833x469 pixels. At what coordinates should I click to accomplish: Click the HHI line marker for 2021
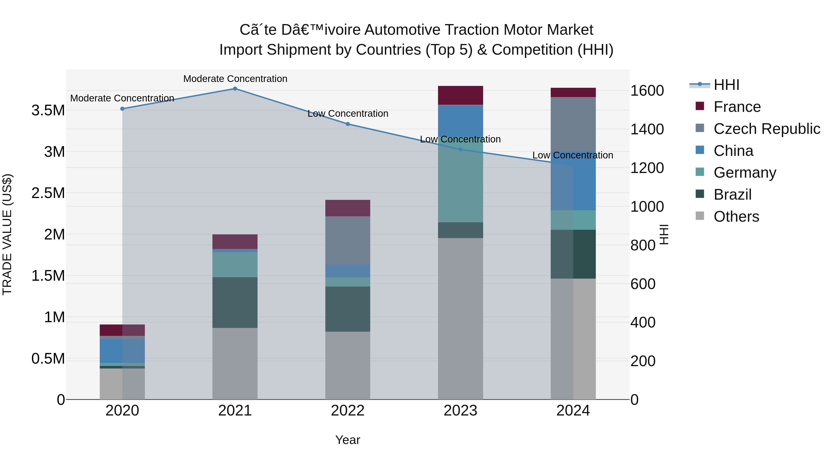pyautogui.click(x=235, y=89)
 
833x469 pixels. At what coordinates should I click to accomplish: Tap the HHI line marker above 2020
pyautogui.click(x=122, y=109)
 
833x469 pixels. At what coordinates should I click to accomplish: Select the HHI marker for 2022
pyautogui.click(x=348, y=124)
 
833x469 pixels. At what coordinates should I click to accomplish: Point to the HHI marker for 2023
pyautogui.click(x=460, y=149)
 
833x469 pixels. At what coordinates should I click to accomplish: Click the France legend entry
pyautogui.click(x=737, y=107)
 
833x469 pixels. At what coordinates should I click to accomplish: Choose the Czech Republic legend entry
pyautogui.click(x=766, y=129)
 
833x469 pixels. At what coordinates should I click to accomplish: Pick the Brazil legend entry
pyautogui.click(x=732, y=195)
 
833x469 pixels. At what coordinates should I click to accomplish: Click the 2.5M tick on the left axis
pyautogui.click(x=48, y=193)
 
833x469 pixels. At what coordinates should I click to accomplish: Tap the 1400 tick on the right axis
pyautogui.click(x=647, y=129)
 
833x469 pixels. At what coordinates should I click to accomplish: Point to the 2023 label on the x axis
pyautogui.click(x=460, y=411)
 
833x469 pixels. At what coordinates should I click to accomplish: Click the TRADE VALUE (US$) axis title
pyautogui.click(x=7, y=234)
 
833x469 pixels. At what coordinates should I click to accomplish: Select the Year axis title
pyautogui.click(x=348, y=440)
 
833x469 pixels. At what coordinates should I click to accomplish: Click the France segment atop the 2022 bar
pyautogui.click(x=348, y=208)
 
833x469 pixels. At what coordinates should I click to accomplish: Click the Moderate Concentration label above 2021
pyautogui.click(x=235, y=79)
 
